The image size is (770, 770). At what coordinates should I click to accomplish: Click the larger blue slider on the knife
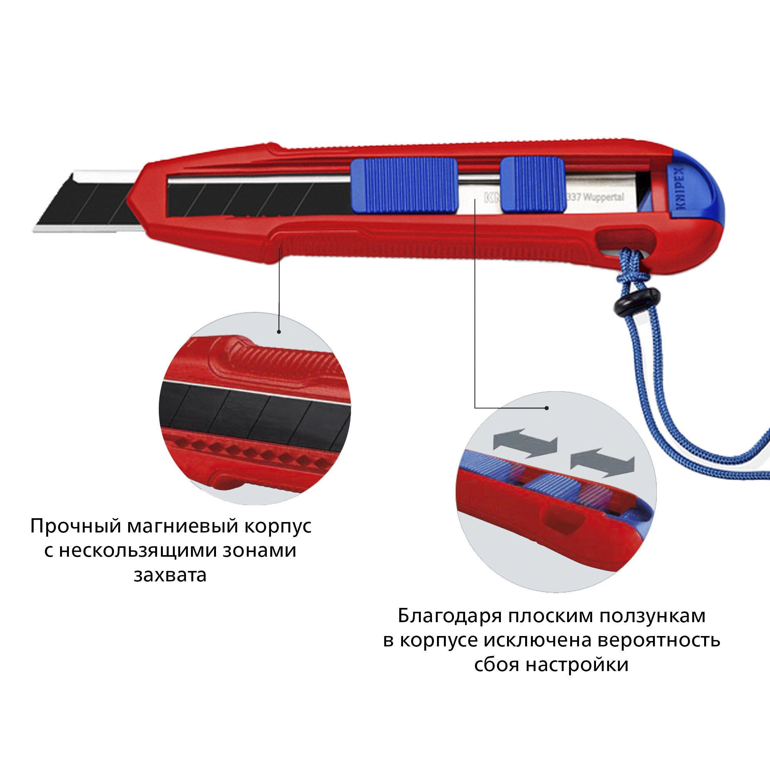click(404, 185)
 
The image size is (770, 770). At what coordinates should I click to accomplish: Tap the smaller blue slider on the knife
click(532, 184)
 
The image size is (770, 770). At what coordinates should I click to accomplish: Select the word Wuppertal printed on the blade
click(603, 197)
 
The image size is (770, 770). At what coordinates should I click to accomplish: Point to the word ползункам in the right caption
click(653, 616)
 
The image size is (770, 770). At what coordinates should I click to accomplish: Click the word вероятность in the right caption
click(659, 641)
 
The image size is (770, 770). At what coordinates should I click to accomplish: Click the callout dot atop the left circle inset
click(279, 331)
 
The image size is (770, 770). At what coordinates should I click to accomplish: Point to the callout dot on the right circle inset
click(547, 408)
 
